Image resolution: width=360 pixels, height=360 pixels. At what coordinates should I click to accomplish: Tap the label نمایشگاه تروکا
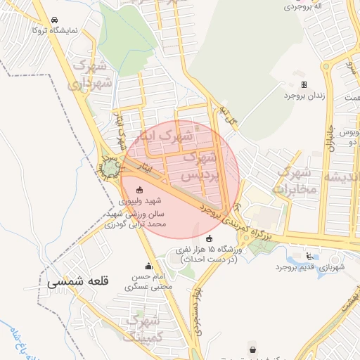pos(67,31)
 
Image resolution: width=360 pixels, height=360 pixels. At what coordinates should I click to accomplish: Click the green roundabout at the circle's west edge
pos(110,169)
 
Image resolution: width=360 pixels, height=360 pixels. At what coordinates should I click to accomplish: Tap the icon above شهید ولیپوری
pos(139,189)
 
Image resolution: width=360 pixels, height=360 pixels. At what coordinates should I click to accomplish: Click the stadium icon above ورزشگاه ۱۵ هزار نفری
pos(207,238)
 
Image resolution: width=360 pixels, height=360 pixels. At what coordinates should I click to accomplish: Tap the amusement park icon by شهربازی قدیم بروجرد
pos(309,256)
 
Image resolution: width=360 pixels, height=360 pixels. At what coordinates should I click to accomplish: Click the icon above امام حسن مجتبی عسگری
pos(148,266)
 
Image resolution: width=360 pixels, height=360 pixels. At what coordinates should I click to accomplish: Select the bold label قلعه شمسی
pos(79,281)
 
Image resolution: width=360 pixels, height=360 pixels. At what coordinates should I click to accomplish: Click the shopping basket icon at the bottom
pos(252,349)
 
